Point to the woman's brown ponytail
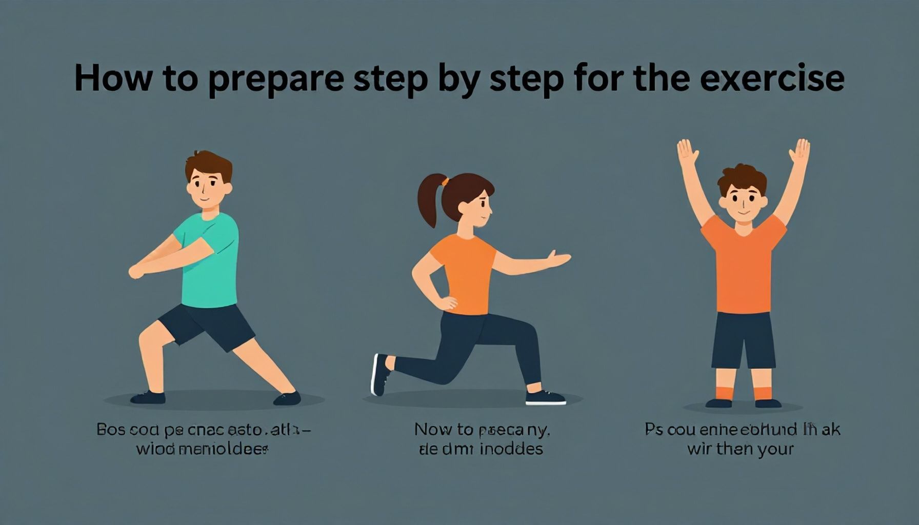427,197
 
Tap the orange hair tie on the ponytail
445,181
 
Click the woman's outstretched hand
558,259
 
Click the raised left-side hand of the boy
687,153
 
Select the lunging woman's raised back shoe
379,374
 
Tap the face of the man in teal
206,187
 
